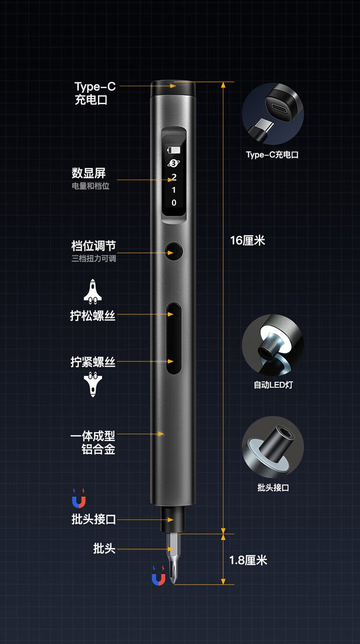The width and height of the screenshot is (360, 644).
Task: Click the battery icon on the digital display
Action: [174, 150]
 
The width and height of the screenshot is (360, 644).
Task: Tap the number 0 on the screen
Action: [174, 203]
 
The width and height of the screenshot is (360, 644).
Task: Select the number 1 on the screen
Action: [174, 190]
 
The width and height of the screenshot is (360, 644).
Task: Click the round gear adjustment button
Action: [174, 252]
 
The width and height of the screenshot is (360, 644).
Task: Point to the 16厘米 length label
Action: [247, 241]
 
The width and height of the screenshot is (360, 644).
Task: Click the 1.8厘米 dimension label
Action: [248, 560]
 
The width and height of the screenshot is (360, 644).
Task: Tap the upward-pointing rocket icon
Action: [93, 292]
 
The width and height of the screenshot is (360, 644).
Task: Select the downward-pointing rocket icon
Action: [93, 384]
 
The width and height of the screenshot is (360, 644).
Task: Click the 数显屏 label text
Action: [89, 173]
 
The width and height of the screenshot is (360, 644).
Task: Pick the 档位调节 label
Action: [94, 246]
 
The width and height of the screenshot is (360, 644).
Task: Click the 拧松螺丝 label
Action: [93, 316]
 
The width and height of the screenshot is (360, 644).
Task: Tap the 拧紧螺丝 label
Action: [93, 362]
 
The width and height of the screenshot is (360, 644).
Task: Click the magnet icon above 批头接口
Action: [79, 498]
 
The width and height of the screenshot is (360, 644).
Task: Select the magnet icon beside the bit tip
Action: [158, 576]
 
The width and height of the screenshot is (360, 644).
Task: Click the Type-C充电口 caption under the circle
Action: [272, 155]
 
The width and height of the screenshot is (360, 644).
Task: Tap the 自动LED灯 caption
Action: [273, 384]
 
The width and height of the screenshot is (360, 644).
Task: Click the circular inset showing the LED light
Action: [273, 345]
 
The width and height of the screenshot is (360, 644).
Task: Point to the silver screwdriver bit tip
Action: [173, 558]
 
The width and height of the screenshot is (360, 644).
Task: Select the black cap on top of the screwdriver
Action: [173, 88]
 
